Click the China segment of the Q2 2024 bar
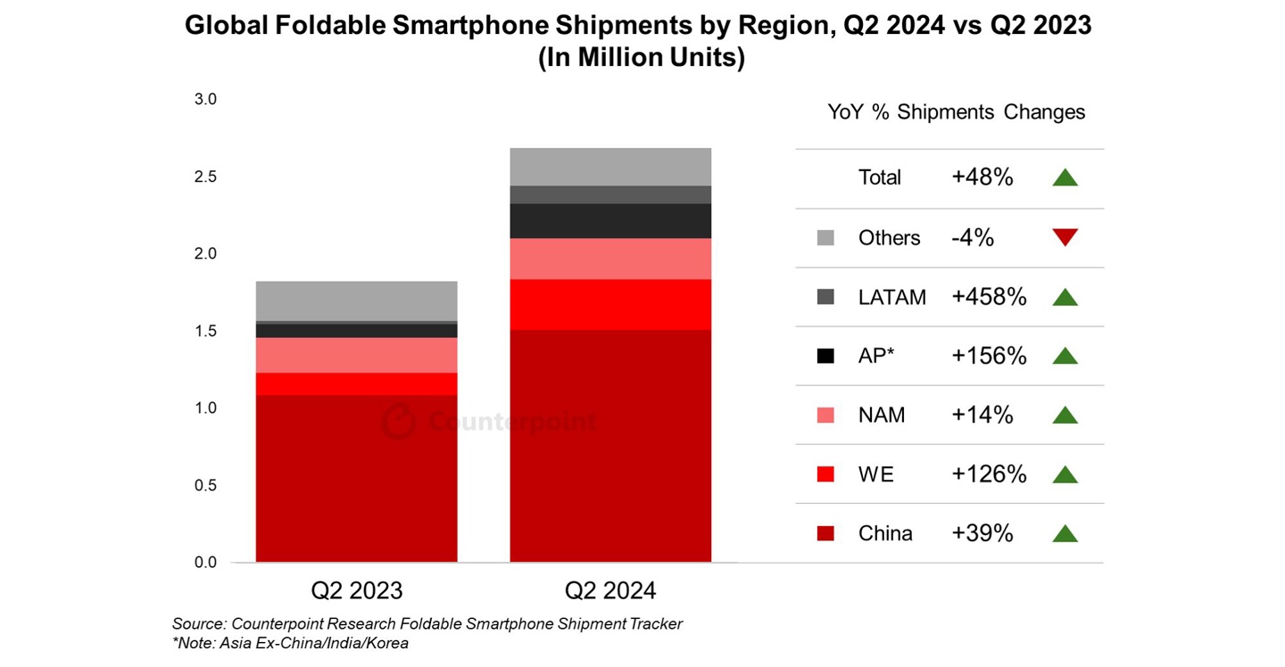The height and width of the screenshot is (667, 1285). click(610, 446)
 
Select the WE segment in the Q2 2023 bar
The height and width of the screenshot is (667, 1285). click(356, 383)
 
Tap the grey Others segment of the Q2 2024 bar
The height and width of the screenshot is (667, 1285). click(610, 167)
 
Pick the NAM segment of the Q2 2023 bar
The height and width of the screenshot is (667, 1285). click(356, 355)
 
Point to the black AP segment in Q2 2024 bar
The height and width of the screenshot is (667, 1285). click(610, 221)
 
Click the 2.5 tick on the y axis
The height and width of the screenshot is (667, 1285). click(205, 177)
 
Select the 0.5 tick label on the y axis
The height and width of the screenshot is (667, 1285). click(205, 485)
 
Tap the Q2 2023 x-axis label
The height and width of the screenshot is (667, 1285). click(356, 590)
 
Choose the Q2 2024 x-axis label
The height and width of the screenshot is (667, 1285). click(610, 590)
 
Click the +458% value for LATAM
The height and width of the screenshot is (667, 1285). click(989, 297)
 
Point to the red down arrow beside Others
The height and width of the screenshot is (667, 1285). click(1065, 237)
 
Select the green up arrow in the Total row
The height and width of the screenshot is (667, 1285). click(1065, 177)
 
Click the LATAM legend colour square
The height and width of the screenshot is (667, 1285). click(825, 297)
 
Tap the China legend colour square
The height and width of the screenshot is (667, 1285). click(825, 534)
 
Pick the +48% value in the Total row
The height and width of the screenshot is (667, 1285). click(982, 177)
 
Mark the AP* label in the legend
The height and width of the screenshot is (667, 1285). click(876, 356)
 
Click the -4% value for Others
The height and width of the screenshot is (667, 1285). click(973, 237)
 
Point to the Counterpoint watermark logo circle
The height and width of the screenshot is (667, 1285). click(399, 422)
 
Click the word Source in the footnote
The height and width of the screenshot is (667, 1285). click(198, 624)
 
